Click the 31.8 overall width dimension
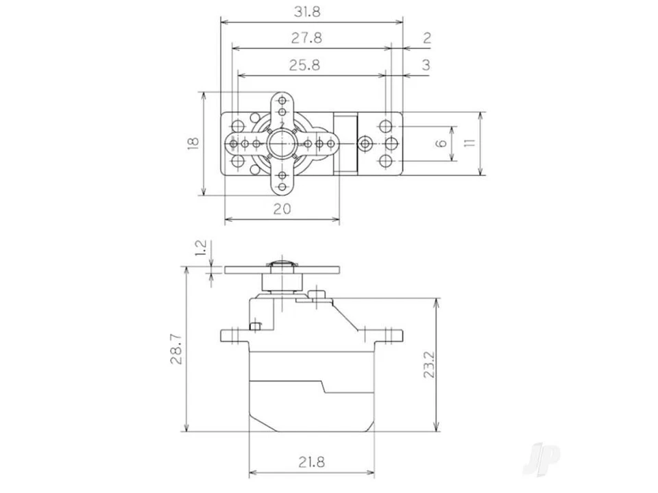(307, 12)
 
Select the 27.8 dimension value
(306, 38)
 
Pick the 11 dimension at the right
(469, 143)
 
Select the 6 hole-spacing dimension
(441, 143)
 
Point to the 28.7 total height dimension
(176, 349)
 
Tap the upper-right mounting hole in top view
(387, 127)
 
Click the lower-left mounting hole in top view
(239, 161)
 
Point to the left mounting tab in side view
(234, 336)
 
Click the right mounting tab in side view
(389, 336)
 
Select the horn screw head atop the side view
(282, 264)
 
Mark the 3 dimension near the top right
(426, 66)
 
